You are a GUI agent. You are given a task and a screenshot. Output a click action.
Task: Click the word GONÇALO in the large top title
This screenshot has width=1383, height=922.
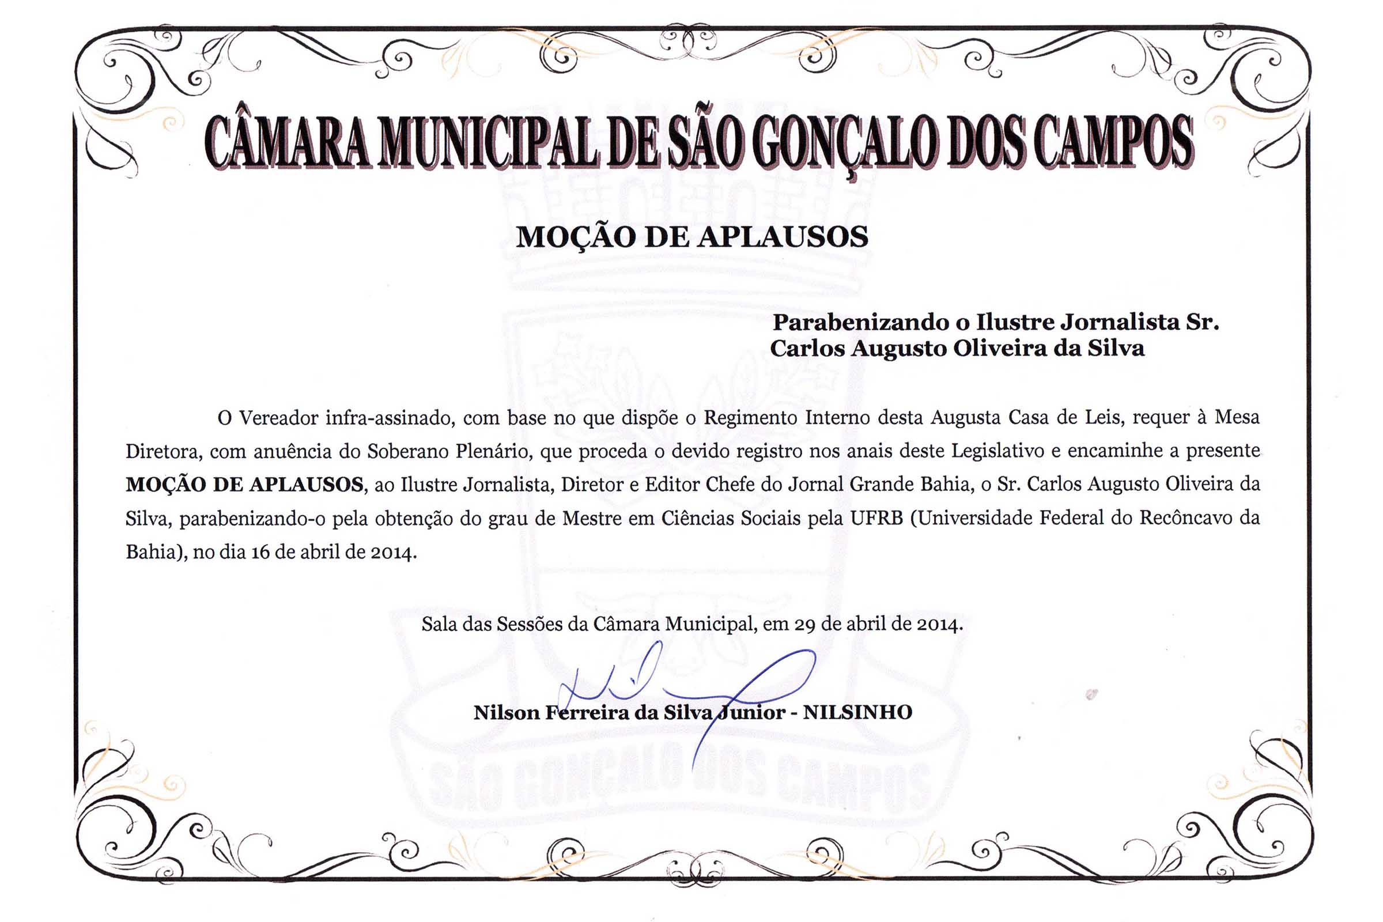click(x=842, y=142)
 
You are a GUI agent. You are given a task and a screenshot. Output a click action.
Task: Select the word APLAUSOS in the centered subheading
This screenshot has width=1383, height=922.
click(x=783, y=237)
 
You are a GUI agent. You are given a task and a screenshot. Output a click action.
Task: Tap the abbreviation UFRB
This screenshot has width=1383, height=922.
click(x=876, y=518)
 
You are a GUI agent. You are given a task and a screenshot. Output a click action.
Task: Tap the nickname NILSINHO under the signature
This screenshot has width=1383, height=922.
click(x=857, y=713)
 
